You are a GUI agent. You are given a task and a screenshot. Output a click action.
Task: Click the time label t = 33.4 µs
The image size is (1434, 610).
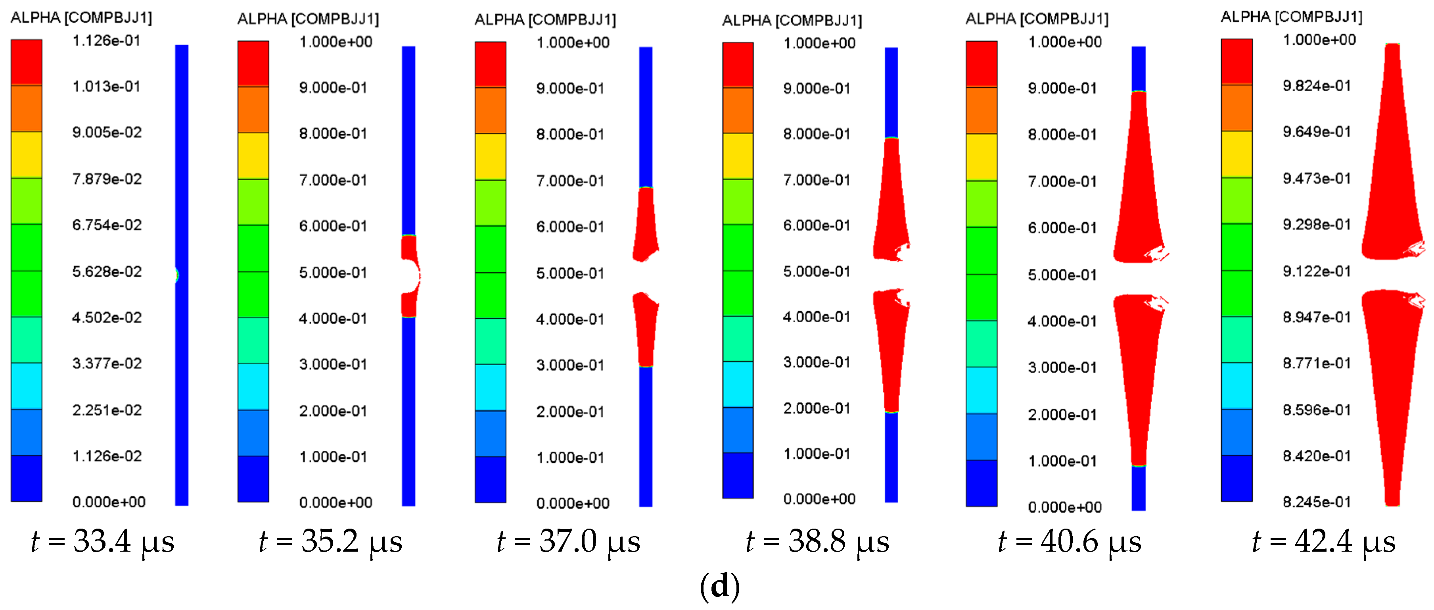(x=102, y=541)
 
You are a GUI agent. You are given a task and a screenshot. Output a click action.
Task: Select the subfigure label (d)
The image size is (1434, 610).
(x=719, y=586)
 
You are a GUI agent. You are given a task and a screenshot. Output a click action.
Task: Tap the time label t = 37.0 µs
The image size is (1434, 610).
(x=568, y=541)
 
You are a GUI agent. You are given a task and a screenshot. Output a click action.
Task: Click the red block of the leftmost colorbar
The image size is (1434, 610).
(x=26, y=62)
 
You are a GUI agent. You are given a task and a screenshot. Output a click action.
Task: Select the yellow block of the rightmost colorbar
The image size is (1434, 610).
(x=1237, y=154)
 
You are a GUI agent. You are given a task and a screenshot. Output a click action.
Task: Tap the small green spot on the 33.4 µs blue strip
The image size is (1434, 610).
(x=177, y=275)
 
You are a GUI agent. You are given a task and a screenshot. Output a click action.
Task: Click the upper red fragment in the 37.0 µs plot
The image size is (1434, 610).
(x=646, y=223)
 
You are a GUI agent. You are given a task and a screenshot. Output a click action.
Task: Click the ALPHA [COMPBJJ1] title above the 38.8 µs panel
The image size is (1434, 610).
(x=792, y=21)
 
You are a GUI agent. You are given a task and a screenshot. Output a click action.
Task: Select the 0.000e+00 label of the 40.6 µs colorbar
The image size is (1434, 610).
(x=1064, y=507)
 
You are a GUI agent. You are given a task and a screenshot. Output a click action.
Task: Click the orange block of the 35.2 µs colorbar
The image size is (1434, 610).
(x=253, y=109)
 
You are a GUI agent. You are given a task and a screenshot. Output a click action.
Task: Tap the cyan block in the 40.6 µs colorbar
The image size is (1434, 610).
(x=982, y=390)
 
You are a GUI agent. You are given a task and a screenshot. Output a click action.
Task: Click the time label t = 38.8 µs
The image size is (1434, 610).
(x=817, y=541)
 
